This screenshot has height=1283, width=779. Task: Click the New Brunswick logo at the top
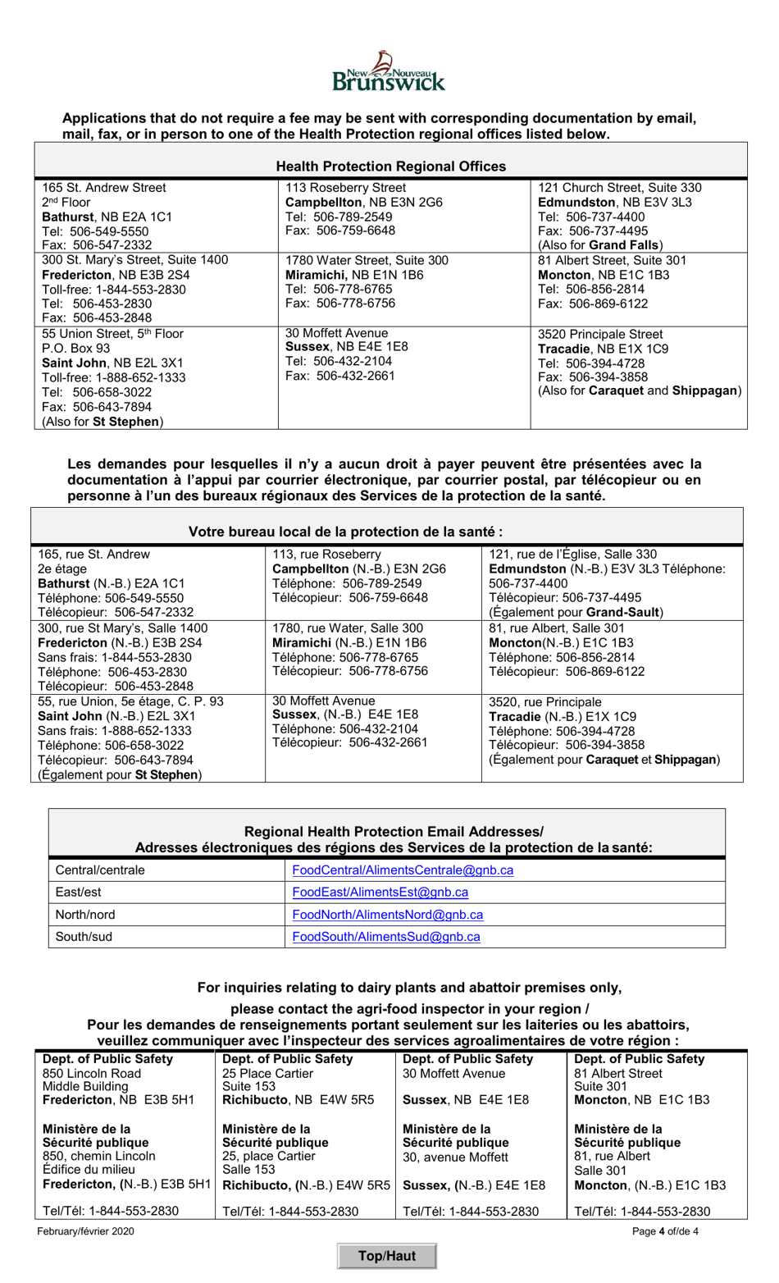[389, 71]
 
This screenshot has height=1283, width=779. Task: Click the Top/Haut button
[386, 1255]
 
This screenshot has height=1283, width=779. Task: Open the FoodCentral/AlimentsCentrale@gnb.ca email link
[403, 870]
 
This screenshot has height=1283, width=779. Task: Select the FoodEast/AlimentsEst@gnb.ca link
[380, 892]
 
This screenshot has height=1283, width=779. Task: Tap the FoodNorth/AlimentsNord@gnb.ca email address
[387, 914]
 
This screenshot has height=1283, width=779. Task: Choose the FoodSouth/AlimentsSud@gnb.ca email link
[385, 936]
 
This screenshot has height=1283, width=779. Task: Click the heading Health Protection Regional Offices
[390, 167]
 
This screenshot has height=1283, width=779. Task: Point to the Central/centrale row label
[99, 870]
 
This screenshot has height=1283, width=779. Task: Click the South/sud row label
[83, 936]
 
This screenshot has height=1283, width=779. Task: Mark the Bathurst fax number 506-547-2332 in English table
[97, 245]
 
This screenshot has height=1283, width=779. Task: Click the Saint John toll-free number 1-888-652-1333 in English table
[114, 378]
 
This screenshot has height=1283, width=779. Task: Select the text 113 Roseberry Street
[345, 188]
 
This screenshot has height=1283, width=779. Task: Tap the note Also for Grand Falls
[600, 245]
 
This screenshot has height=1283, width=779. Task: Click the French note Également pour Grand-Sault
[576, 612]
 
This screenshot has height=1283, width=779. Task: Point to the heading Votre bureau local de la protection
[345, 532]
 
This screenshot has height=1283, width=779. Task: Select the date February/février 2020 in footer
[85, 1230]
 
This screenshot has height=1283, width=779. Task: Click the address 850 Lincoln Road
[92, 1073]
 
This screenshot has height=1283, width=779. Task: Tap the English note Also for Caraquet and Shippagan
[639, 390]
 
